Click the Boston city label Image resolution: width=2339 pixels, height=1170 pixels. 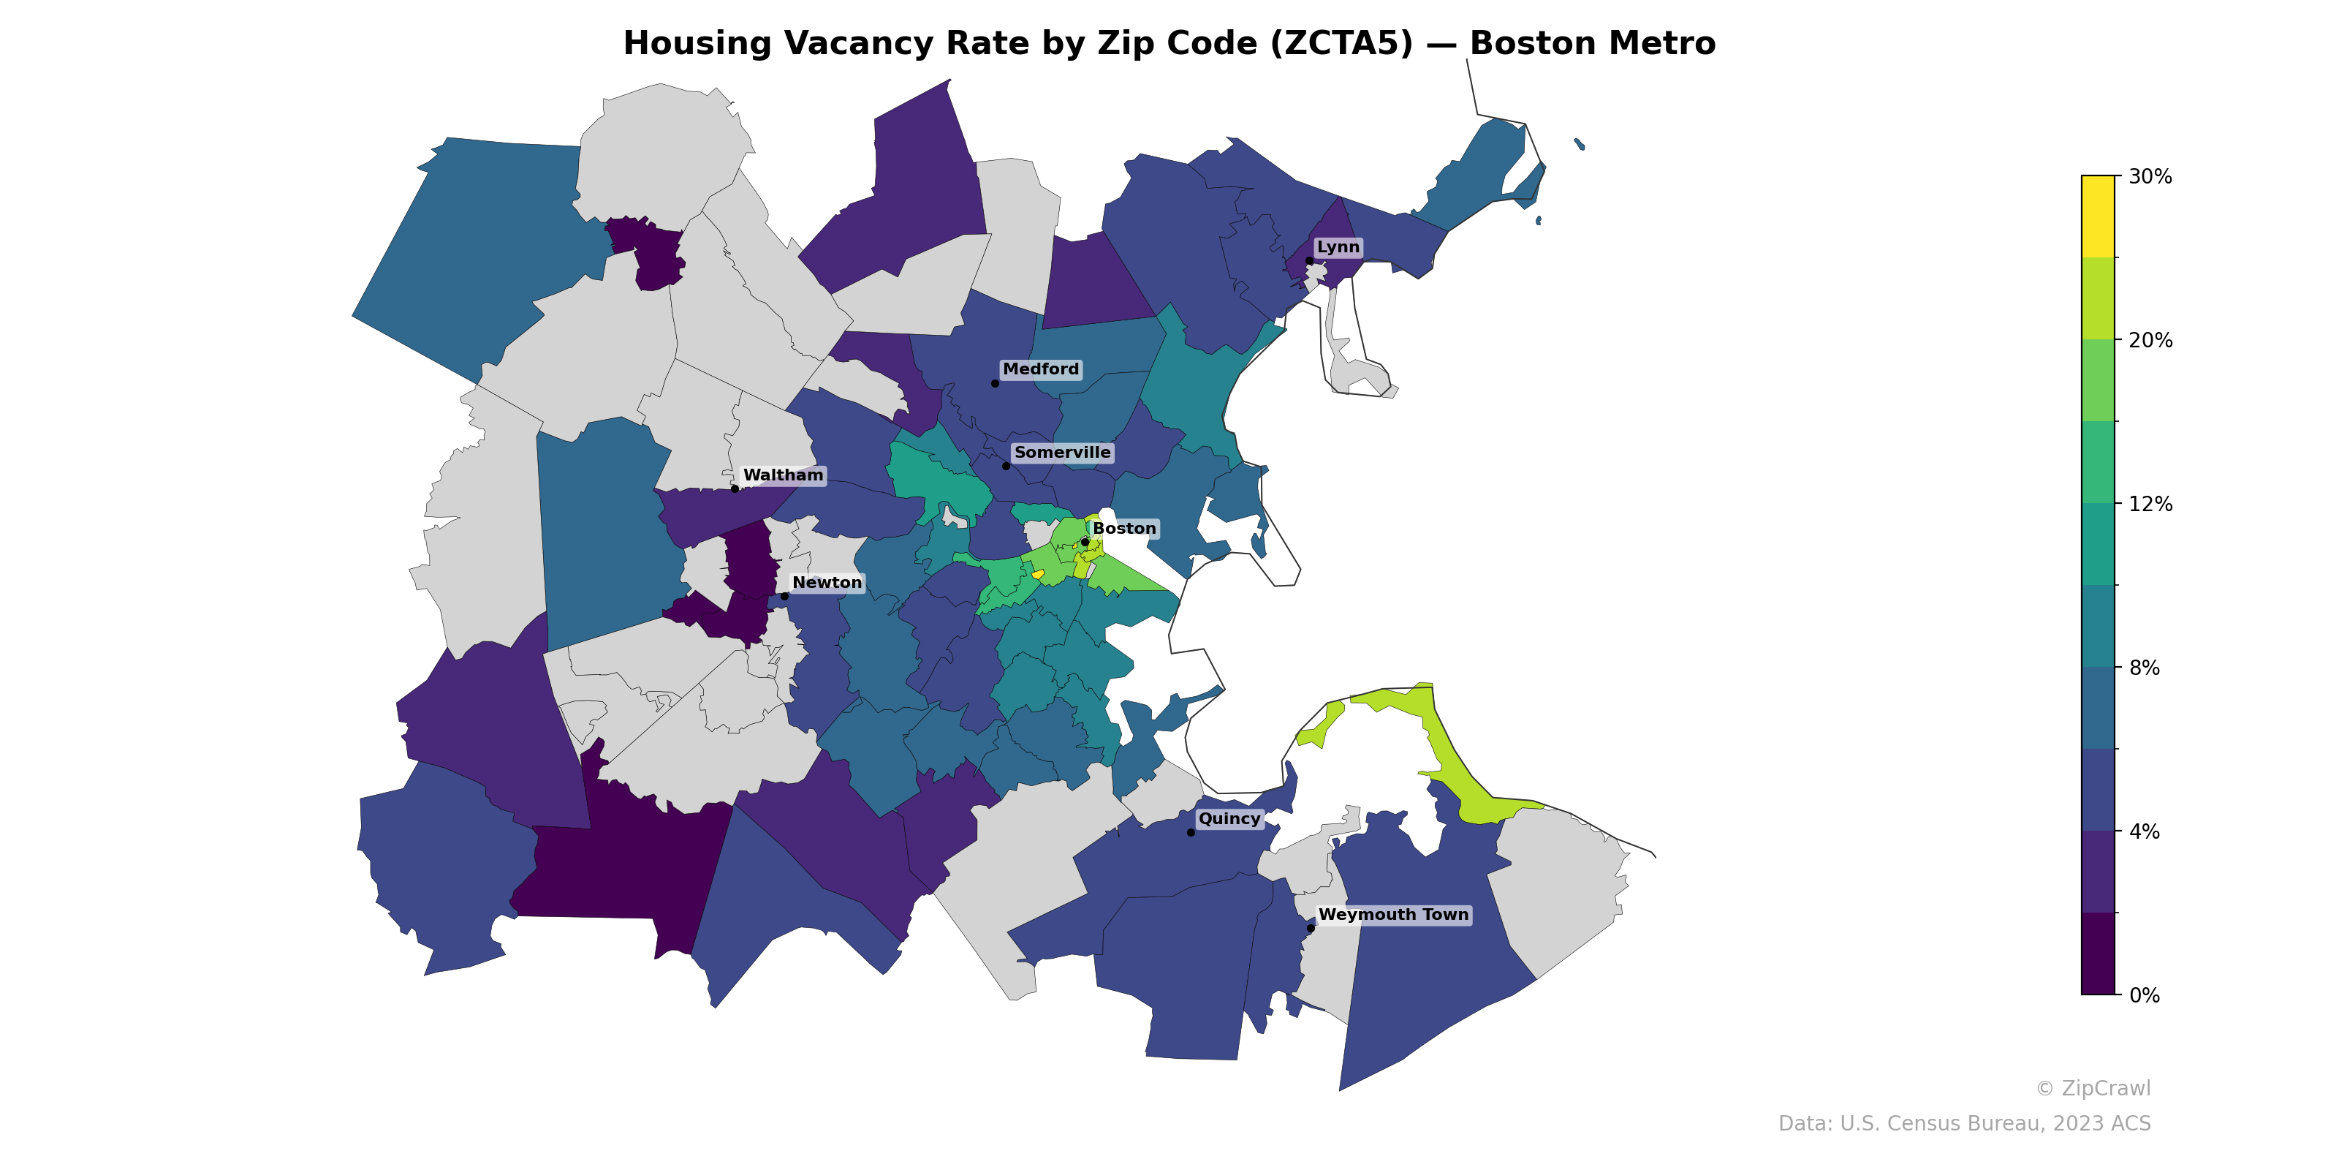point(1124,529)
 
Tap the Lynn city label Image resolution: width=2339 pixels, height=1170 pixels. point(1338,247)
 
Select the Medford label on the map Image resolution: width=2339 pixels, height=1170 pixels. point(1041,369)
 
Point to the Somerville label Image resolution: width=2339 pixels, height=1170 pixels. point(1061,453)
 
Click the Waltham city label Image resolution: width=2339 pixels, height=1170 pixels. point(783,475)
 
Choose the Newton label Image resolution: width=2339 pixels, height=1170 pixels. point(826,582)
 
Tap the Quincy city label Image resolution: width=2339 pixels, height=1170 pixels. point(1229,818)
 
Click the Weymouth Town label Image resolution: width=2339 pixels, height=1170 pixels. point(1393,915)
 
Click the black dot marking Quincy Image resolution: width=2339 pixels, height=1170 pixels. point(1191,832)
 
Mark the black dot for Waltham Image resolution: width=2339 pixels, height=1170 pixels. point(735,488)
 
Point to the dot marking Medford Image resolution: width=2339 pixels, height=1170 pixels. point(994,383)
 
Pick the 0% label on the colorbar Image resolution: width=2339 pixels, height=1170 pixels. point(2144,995)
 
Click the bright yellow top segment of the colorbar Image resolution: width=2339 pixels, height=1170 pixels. point(2098,216)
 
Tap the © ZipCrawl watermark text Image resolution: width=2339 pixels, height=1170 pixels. point(2093,1088)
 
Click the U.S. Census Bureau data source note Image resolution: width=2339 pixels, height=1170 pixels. point(1964,1124)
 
